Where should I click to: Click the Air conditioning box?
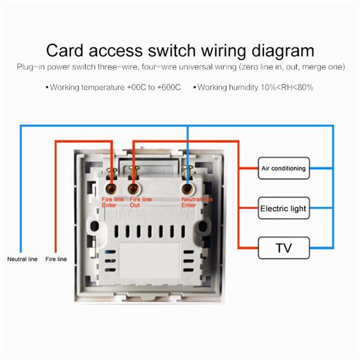coord(283,169)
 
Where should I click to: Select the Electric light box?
coord(283,209)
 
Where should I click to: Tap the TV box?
coord(283,247)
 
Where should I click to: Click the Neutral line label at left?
coord(22,259)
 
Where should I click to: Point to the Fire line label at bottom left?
coord(56,259)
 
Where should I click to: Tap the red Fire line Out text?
coord(141,202)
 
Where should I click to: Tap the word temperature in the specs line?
coord(101,88)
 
